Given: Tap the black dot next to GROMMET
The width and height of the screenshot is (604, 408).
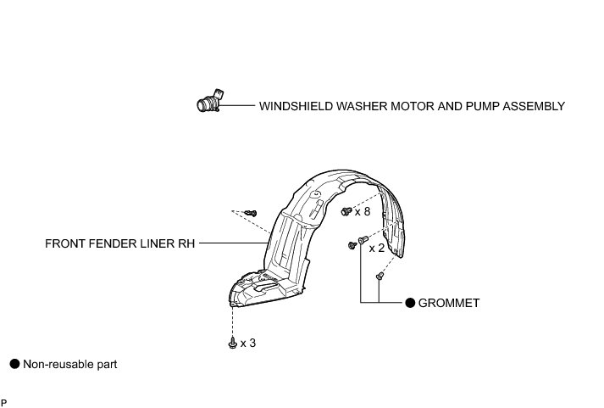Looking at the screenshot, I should tap(409, 303).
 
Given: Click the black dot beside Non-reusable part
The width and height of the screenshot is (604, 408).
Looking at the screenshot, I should tap(14, 364).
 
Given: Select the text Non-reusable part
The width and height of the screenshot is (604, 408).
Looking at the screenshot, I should tap(69, 364).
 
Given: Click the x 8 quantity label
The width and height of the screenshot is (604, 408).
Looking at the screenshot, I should tap(363, 211).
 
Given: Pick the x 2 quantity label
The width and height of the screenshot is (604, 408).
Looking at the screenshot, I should tap(375, 249).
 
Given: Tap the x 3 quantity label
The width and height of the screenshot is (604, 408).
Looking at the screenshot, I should tap(248, 343).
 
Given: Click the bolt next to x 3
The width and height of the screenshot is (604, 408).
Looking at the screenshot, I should tap(232, 342).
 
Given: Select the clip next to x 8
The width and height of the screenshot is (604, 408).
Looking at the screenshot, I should tap(346, 210).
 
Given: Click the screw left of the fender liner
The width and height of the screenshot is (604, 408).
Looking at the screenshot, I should tap(251, 211).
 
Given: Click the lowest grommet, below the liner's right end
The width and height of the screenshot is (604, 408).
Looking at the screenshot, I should tap(380, 276).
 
